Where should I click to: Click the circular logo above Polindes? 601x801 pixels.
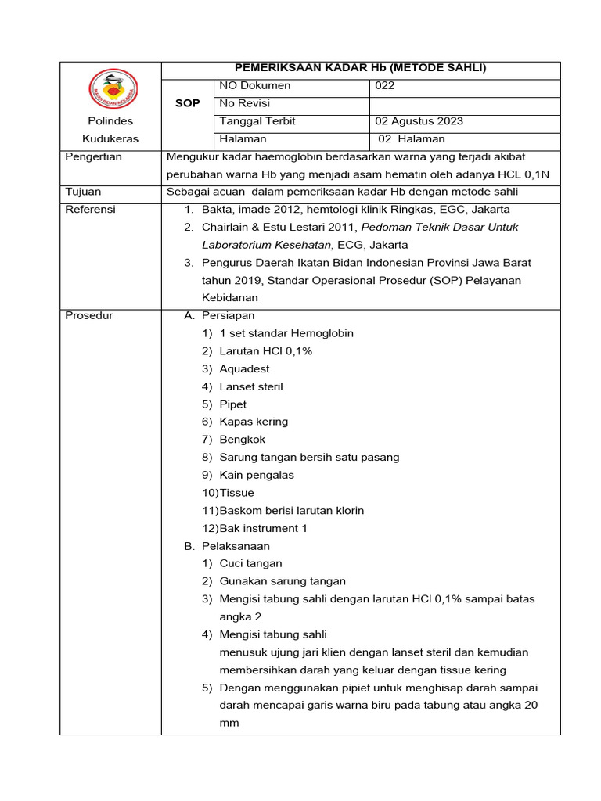(112, 88)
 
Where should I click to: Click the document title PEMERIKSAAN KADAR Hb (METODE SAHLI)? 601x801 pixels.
(361, 69)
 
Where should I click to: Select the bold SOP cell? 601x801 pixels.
(187, 104)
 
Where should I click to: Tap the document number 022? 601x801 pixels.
(385, 86)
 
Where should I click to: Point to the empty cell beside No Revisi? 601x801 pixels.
(464, 104)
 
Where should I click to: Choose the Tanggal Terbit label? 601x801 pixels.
(257, 121)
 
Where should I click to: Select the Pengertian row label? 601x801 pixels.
(93, 156)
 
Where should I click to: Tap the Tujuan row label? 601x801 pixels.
(83, 192)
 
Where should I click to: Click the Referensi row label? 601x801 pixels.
(90, 209)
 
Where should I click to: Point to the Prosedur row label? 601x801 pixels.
(89, 315)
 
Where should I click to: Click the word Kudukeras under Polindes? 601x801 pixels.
(110, 138)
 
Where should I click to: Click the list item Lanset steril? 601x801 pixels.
(250, 386)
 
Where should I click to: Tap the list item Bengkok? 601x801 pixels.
(243, 440)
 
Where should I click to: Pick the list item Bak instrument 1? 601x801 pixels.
(263, 528)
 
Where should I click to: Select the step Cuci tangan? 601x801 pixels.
(250, 563)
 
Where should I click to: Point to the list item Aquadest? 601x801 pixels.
(244, 368)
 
